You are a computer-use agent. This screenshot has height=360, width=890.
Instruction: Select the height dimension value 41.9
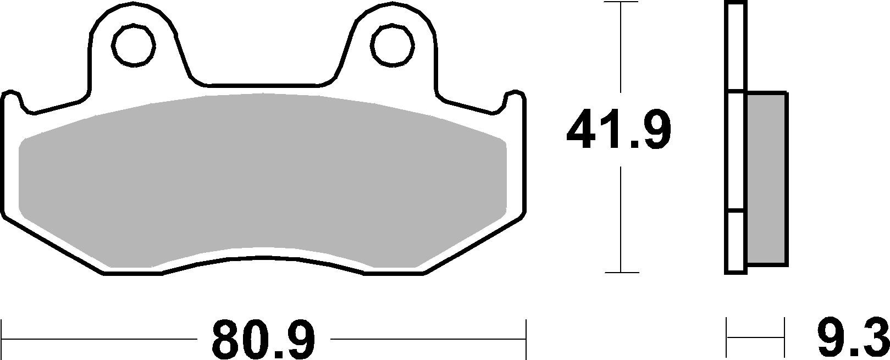[619, 130]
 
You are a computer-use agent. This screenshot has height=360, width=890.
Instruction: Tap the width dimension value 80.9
[264, 339]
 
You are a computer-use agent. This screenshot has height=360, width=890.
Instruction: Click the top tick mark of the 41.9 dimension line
[621, 2]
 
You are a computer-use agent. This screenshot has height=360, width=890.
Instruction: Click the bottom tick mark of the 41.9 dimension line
[621, 272]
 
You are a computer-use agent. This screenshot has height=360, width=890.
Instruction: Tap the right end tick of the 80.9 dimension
[526, 331]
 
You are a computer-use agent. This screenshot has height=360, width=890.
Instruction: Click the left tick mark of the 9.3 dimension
[727, 331]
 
